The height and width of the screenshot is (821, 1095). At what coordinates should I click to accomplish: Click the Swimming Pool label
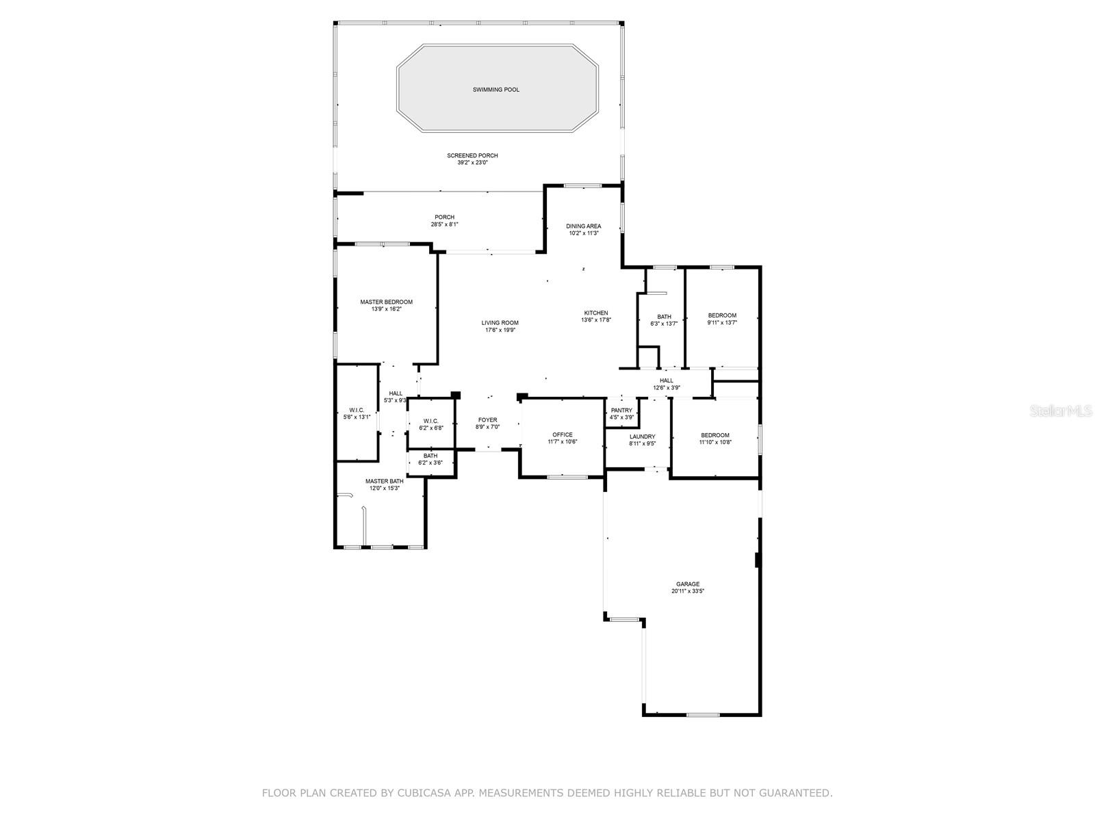495,90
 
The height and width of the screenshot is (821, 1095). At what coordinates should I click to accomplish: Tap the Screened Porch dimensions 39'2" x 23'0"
472,163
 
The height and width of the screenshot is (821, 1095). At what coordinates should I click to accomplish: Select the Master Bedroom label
387,302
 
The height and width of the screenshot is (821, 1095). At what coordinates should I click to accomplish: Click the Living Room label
500,323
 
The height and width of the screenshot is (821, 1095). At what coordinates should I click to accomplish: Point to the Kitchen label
595,313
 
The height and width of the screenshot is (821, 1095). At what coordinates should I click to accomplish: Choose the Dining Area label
584,226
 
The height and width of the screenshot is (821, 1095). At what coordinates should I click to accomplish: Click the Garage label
687,584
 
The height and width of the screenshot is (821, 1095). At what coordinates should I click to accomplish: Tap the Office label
563,434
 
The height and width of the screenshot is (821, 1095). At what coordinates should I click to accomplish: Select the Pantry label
621,410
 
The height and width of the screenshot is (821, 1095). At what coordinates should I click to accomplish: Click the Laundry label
642,436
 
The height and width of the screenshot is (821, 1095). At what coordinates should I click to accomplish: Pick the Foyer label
487,420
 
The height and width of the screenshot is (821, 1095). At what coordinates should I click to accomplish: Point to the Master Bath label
384,481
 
